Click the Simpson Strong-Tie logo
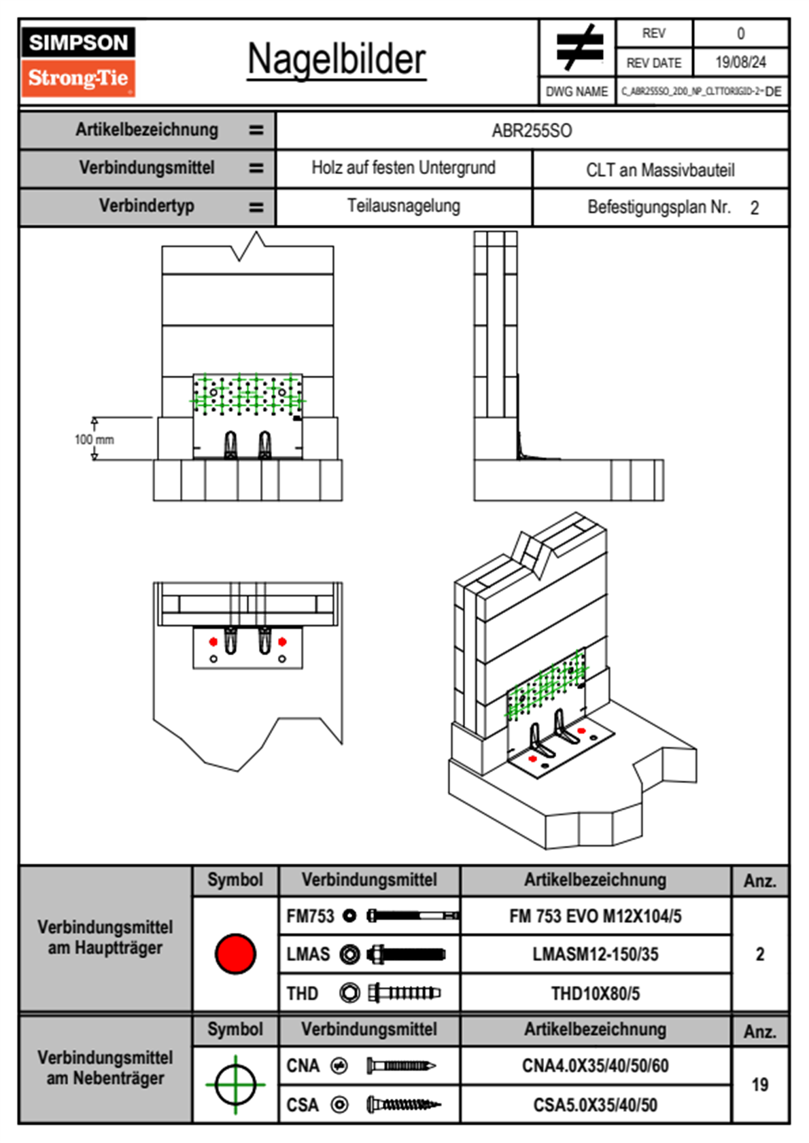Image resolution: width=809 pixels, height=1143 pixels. point(78,62)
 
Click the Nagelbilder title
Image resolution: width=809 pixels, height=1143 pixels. point(337,59)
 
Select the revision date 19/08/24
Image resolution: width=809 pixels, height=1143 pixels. point(740,63)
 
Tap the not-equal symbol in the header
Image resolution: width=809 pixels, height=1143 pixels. point(579,48)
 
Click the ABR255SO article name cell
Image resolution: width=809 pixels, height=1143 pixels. point(532,130)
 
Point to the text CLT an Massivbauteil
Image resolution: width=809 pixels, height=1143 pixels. point(660,170)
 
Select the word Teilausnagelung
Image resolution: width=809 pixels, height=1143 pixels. point(403,206)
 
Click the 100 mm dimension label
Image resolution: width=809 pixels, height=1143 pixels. point(94,440)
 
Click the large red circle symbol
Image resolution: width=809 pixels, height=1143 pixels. point(235,953)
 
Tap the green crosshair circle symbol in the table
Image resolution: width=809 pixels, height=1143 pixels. point(235,1085)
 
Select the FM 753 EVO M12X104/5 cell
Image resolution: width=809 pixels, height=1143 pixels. point(595,916)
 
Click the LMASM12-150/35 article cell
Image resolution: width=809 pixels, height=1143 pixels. point(595,954)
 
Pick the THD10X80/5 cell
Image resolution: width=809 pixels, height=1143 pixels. point(595,993)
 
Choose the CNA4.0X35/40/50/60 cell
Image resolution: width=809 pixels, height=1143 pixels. point(595,1066)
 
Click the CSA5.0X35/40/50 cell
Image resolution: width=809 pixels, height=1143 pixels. point(595,1105)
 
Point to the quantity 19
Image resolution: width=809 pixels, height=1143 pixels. point(759,1085)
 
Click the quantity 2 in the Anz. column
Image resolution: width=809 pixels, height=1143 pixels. point(759,954)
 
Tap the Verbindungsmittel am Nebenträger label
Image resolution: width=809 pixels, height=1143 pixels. point(105,1068)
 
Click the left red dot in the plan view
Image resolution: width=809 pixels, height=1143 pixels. point(213,641)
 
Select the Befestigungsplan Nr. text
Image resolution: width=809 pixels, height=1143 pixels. point(659,207)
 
